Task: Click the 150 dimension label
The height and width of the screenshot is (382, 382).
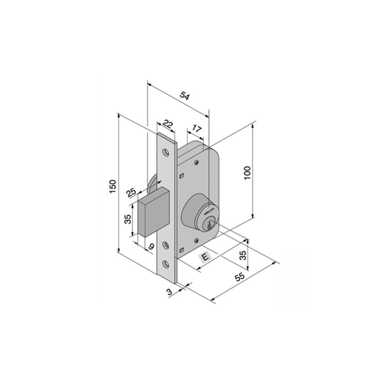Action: (x=112, y=187)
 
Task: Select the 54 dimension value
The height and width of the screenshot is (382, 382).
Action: (x=185, y=96)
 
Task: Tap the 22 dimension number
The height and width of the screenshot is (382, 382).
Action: (x=168, y=124)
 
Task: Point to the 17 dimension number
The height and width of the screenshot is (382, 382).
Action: (x=197, y=128)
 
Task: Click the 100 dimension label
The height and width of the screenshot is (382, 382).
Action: (x=247, y=173)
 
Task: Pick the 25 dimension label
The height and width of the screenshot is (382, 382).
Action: (x=131, y=193)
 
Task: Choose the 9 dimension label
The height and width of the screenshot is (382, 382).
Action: (x=151, y=246)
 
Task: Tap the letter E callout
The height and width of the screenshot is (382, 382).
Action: (x=206, y=257)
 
